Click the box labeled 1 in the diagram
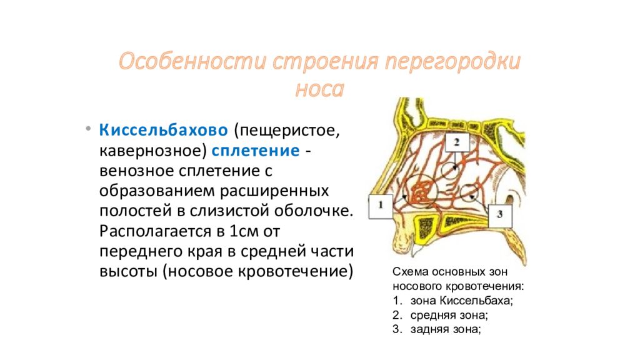click(x=380, y=206)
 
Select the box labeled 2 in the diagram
click(x=457, y=142)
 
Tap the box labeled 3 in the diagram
click(x=499, y=214)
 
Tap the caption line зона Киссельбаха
click(x=462, y=301)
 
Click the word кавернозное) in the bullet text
click(x=152, y=151)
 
